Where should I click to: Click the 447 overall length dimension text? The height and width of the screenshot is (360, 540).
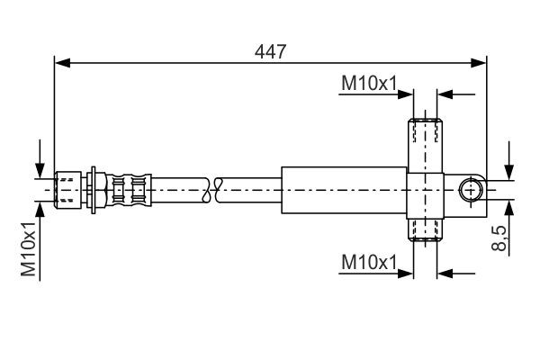coord(270,51)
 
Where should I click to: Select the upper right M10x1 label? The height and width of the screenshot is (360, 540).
coord(369,84)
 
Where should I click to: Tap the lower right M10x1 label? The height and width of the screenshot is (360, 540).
coord(369,263)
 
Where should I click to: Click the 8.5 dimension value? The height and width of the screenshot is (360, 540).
coord(501,240)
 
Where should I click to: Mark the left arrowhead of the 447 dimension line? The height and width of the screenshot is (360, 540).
coord(61,63)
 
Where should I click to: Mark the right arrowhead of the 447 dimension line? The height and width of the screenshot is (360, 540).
coord(480,63)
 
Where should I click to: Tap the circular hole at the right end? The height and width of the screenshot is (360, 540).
coord(471,190)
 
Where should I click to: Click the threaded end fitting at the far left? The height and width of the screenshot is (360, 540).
coord(68,190)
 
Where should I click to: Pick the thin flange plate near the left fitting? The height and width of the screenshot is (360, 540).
coord(94,190)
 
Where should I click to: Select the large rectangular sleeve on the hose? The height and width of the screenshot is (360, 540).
coord(343,190)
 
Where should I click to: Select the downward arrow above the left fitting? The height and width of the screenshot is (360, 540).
coord(40,169)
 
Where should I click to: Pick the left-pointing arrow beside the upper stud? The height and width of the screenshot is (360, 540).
coord(445,94)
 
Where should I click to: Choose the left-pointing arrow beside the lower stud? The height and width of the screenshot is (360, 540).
coord(445,273)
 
